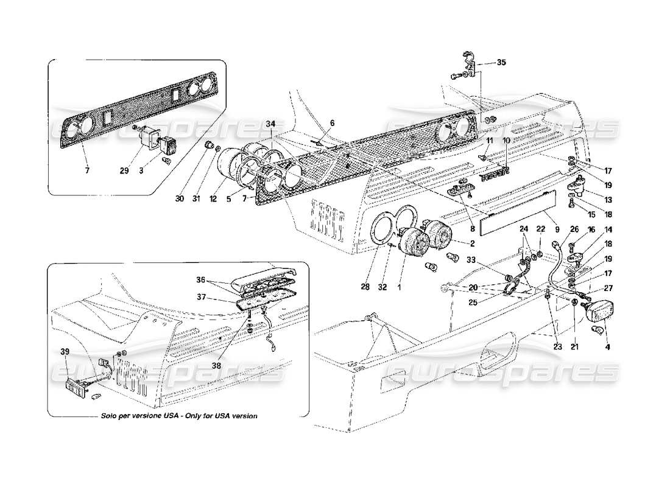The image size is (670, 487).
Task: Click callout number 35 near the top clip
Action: pyautogui.click(x=501, y=62)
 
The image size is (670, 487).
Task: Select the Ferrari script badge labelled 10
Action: pyautogui.click(x=494, y=177)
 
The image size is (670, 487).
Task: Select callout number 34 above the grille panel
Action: pyautogui.click(x=270, y=124)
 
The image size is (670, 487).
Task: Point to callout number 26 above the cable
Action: pyautogui.click(x=573, y=229)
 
